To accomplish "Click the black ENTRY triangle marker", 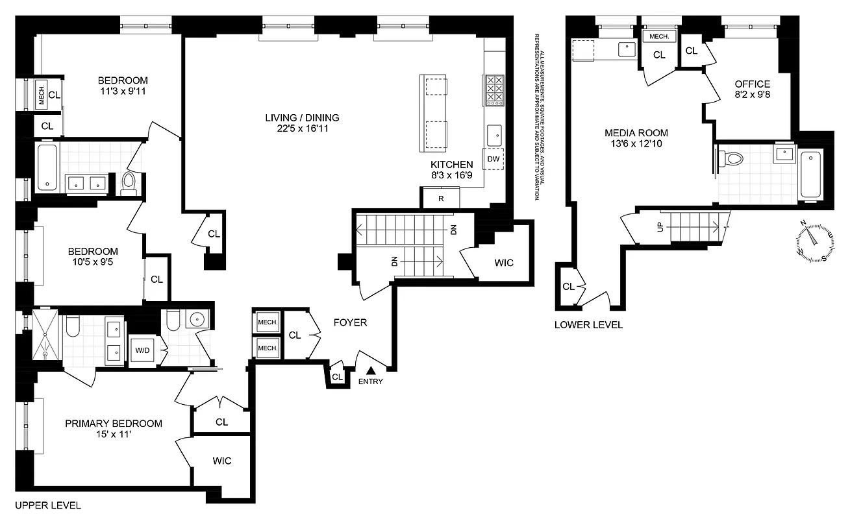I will [x=371, y=370].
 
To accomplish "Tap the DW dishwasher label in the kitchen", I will [x=493, y=159].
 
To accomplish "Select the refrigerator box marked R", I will [x=441, y=198].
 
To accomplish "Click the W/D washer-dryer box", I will [x=142, y=351].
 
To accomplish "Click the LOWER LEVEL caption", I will [x=588, y=324].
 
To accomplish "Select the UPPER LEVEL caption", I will [x=47, y=505].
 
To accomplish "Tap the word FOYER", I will [x=350, y=322].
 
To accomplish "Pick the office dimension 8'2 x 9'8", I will [x=752, y=95].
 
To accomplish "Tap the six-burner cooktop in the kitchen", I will [x=494, y=90].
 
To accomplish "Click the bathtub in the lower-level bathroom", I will [x=811, y=175].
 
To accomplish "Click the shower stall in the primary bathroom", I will [x=45, y=335].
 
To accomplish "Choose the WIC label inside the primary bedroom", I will [x=222, y=461].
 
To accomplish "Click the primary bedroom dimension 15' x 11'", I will [x=114, y=435].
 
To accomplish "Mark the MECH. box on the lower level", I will [x=659, y=37].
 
